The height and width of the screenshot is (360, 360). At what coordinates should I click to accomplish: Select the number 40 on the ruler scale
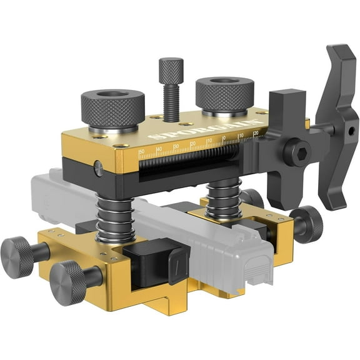(x=159, y=149)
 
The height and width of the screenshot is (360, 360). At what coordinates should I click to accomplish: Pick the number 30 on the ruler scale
(x=176, y=146)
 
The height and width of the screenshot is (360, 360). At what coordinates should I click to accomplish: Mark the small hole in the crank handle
(x=350, y=132)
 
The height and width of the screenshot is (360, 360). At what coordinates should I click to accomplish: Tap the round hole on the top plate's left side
(x=98, y=167)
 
